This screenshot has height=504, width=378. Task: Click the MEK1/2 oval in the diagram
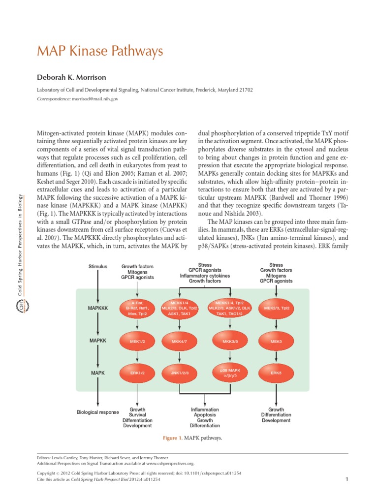pyautogui.click(x=137, y=341)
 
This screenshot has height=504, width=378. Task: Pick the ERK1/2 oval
pyautogui.click(x=137, y=373)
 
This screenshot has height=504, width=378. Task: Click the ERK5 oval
pyautogui.click(x=276, y=373)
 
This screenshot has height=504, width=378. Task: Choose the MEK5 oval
pyautogui.click(x=276, y=341)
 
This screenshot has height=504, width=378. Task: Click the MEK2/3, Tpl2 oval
pyautogui.click(x=276, y=308)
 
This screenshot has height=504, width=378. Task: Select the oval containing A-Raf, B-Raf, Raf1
pyautogui.click(x=137, y=308)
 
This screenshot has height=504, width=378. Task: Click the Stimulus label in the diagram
pyautogui.click(x=97, y=267)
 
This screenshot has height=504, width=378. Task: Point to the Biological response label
pyautogui.click(x=97, y=412)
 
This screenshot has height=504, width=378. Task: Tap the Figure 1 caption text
pyautogui.click(x=193, y=438)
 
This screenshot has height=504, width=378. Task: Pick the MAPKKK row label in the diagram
pyautogui.click(x=97, y=309)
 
